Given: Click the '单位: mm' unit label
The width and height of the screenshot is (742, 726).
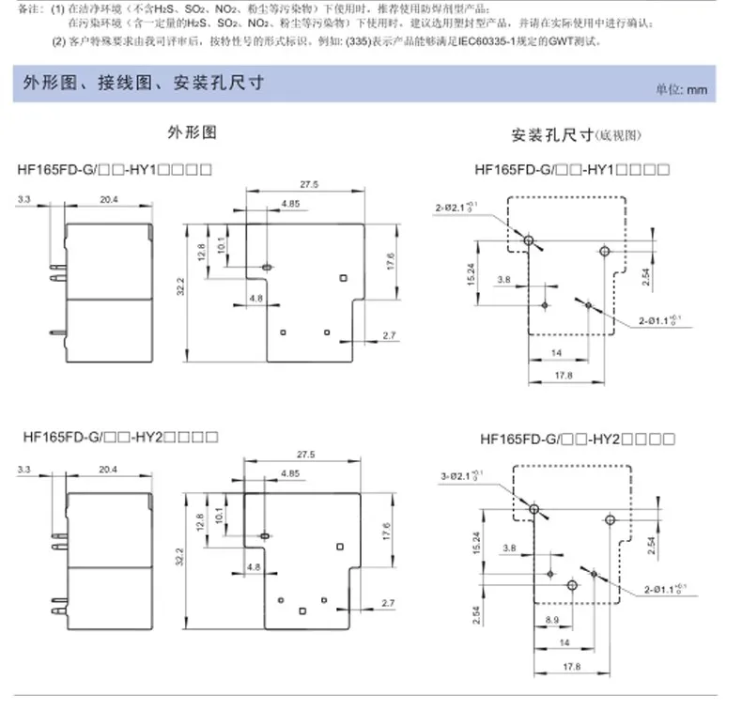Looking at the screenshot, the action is click(681, 89).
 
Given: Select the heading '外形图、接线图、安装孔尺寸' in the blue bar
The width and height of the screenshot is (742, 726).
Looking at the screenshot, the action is click(142, 84).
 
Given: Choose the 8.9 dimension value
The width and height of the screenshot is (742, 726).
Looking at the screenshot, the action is click(551, 620).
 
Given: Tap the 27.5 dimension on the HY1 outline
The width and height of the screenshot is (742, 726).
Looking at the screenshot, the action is click(309, 185).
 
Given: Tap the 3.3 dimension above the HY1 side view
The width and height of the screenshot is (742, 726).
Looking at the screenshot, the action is click(24, 198).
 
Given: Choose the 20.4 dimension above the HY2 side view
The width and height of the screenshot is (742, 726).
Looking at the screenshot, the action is click(108, 468).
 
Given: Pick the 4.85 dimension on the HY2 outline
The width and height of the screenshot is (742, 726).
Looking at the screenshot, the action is click(290, 473).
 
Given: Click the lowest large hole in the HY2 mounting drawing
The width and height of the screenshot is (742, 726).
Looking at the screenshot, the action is click(571, 584).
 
